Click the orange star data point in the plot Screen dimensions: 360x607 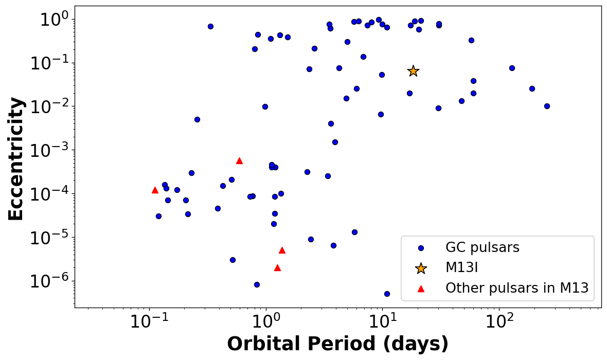(x=413, y=71)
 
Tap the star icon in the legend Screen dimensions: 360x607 (x=421, y=268)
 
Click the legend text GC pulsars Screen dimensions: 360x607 (x=483, y=247)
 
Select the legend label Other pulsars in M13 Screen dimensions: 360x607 (x=516, y=288)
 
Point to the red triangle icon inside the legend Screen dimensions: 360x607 (x=421, y=289)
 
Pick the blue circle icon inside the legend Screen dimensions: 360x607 (x=421, y=248)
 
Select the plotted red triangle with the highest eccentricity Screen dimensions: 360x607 (x=239, y=160)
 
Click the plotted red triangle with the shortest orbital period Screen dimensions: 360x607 (x=155, y=190)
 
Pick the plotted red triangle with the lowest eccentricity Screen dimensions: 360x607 (x=277, y=267)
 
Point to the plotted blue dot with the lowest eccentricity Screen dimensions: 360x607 (x=387, y=294)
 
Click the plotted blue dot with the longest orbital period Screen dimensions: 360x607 (x=547, y=106)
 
